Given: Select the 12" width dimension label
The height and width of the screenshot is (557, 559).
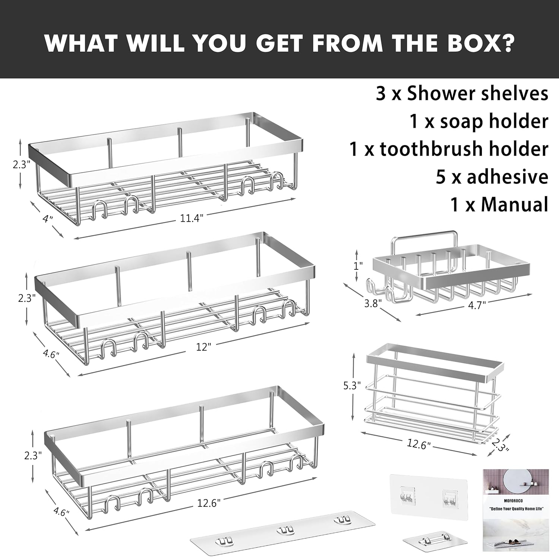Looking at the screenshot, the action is pos(203,346).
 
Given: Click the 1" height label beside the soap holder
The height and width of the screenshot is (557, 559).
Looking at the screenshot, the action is pos(358,266).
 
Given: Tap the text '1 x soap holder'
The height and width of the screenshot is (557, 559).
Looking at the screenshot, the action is pos(479,121).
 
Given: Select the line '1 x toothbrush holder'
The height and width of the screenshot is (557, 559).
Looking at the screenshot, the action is pos(449,149).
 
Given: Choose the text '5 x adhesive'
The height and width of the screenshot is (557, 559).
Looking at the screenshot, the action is pos(492,177).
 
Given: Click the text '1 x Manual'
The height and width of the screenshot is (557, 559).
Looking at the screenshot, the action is pos(499,204).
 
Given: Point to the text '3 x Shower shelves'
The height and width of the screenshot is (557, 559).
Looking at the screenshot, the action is pos(462,94).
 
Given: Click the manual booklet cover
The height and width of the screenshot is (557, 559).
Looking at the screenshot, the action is pos(516,510).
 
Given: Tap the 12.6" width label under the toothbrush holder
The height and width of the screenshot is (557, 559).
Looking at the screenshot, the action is pos(419,444).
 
